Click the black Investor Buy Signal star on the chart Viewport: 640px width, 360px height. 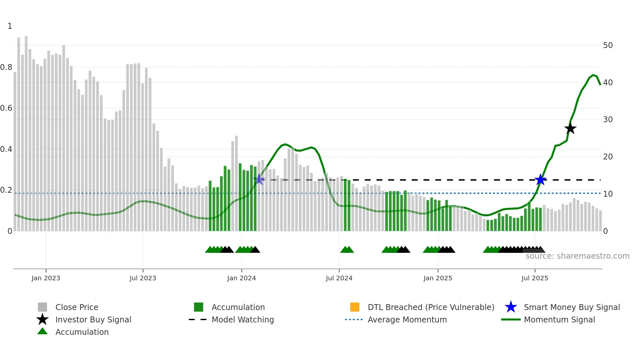click(x=570, y=129)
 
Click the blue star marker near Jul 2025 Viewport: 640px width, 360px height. click(x=540, y=180)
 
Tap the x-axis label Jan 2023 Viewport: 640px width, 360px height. click(x=46, y=278)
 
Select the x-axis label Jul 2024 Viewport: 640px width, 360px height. click(x=339, y=278)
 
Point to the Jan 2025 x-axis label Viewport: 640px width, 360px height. click(x=438, y=278)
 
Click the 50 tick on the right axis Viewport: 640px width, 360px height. click(x=608, y=45)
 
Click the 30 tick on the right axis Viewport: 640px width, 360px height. click(x=608, y=120)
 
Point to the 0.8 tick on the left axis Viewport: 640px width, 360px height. click(x=6, y=67)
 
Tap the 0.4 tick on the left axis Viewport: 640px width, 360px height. click(x=6, y=149)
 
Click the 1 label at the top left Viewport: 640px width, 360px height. click(x=10, y=26)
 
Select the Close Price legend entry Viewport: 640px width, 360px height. click(x=77, y=307)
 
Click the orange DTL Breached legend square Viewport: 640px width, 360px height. click(x=355, y=307)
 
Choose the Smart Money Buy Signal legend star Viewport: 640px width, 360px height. click(x=511, y=307)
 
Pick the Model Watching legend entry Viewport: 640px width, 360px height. click(x=242, y=319)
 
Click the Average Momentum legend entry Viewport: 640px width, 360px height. click(x=407, y=319)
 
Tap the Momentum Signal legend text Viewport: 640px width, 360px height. click(x=559, y=319)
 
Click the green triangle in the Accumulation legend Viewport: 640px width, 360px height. click(x=42, y=331)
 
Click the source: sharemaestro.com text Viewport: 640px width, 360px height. click(x=577, y=256)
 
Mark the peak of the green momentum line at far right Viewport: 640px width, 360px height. click(x=593, y=75)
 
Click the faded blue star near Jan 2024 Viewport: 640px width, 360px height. click(x=259, y=179)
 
